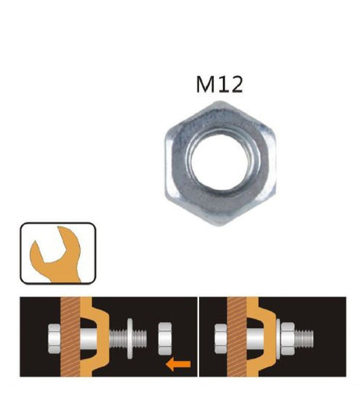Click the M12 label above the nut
tap(219, 84)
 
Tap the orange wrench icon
tap(58, 253)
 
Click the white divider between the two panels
tap(198, 336)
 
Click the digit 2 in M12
tap(235, 84)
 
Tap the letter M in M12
tap(204, 84)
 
